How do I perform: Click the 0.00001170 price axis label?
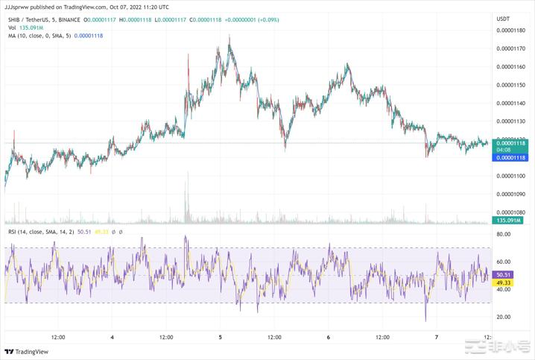tap(510, 48)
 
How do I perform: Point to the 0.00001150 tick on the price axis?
tap(510, 85)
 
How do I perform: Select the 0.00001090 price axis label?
tap(510, 194)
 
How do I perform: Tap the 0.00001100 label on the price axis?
tap(510, 176)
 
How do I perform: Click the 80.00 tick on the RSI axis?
tap(503, 234)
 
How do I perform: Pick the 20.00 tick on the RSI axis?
tap(503, 317)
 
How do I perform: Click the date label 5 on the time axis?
tap(221, 337)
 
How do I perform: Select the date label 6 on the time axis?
tap(329, 337)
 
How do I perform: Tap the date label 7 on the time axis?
tap(437, 337)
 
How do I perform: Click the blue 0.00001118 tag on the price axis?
tap(510, 158)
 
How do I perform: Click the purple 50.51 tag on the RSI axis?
tap(504, 275)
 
